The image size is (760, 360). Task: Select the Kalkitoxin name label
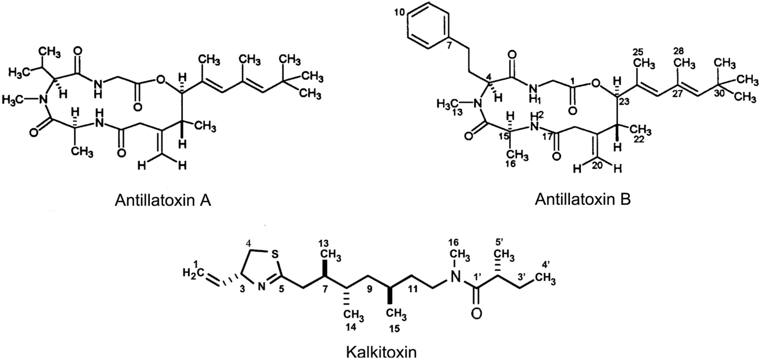tap(381, 352)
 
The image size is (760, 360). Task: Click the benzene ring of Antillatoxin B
tap(428, 30)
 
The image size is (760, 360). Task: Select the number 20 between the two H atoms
tap(597, 166)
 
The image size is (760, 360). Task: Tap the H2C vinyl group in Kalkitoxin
tap(192, 273)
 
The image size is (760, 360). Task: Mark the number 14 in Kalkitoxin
tap(351, 327)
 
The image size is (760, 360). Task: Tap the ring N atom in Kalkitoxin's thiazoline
tap(262, 286)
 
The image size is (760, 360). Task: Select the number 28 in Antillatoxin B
tap(679, 51)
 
